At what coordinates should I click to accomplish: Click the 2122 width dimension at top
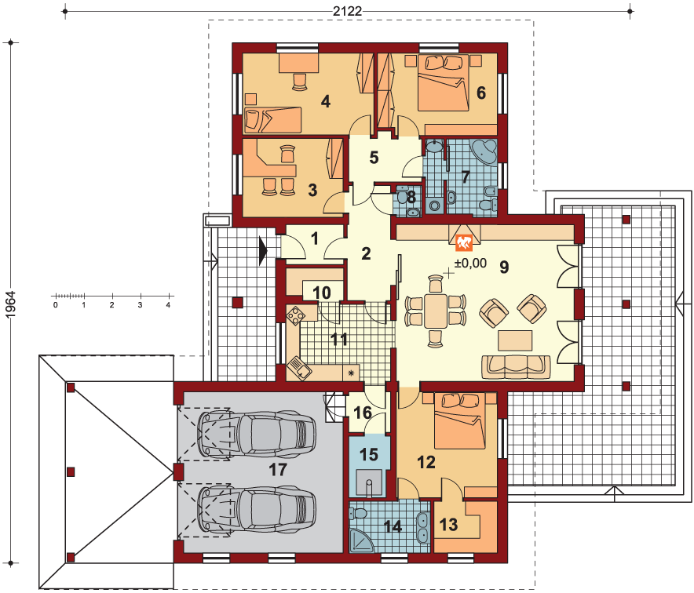tap(348, 11)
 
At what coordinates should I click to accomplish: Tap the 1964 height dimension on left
tap(11, 304)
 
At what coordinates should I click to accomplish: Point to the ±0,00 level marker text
tap(470, 263)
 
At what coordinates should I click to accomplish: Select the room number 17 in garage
tap(278, 470)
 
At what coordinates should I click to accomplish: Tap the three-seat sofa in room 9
tap(516, 367)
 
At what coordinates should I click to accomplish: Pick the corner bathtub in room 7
tap(484, 151)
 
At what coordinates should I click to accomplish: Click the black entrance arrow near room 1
tap(263, 251)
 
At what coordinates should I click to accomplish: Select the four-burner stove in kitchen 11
tap(295, 316)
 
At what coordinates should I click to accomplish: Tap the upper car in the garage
tap(257, 434)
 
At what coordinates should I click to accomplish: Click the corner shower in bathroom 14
tap(362, 541)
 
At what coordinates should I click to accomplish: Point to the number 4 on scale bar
tap(168, 305)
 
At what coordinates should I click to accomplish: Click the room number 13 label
tap(448, 525)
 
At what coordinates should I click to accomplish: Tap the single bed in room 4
tap(272, 119)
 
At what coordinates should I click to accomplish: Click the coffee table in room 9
tap(515, 340)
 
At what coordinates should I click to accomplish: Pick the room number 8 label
tap(411, 197)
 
